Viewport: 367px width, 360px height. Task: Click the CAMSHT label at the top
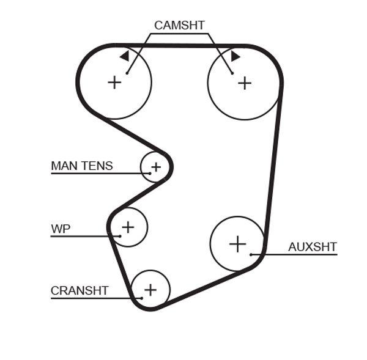click(x=179, y=25)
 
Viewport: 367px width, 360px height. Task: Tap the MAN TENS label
click(x=81, y=166)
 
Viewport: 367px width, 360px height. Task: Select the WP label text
click(x=61, y=229)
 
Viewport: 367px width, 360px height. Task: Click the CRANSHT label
click(x=80, y=290)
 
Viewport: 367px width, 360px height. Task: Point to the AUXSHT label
click(x=312, y=247)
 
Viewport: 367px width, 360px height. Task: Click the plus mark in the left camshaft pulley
click(x=114, y=82)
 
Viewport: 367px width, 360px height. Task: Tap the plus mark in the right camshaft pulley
click(x=245, y=83)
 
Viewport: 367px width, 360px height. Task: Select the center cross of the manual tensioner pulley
click(x=155, y=166)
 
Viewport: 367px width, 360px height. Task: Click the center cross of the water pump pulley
click(x=127, y=227)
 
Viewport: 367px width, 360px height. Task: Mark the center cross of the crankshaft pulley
click(x=150, y=289)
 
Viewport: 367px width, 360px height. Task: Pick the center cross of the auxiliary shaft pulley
click(x=237, y=244)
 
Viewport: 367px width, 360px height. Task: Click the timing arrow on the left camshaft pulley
click(x=125, y=56)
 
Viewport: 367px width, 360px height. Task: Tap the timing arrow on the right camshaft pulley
click(x=235, y=56)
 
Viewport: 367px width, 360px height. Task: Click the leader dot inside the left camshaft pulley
click(x=127, y=73)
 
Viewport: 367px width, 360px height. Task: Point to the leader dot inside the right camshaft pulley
click(x=232, y=73)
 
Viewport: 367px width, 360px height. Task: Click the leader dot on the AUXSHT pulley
click(x=251, y=254)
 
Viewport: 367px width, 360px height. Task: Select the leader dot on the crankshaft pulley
click(x=141, y=298)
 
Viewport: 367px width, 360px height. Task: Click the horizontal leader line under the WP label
click(x=80, y=236)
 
